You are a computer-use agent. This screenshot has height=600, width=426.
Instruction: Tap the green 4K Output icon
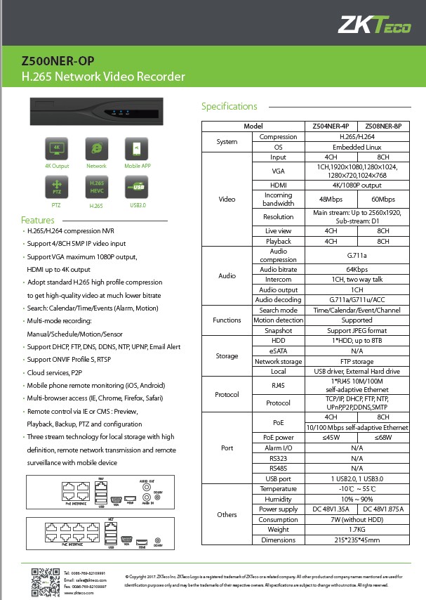click(x=56, y=149)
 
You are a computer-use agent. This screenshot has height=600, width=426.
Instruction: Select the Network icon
click(x=96, y=149)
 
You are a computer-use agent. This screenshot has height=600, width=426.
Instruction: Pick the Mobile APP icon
click(x=136, y=149)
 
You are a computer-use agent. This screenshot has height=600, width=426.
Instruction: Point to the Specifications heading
click(x=229, y=107)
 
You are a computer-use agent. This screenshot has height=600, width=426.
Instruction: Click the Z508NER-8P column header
click(x=383, y=126)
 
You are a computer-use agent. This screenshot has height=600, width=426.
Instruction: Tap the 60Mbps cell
click(x=383, y=200)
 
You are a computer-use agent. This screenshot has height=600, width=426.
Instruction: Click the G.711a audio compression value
click(x=357, y=256)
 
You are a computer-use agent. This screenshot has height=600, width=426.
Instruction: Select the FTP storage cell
click(x=357, y=362)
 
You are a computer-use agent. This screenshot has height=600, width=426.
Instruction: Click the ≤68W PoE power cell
click(x=383, y=438)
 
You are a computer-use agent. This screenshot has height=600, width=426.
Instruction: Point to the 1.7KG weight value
click(x=357, y=530)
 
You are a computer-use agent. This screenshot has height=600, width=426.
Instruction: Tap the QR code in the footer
click(x=44, y=580)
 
